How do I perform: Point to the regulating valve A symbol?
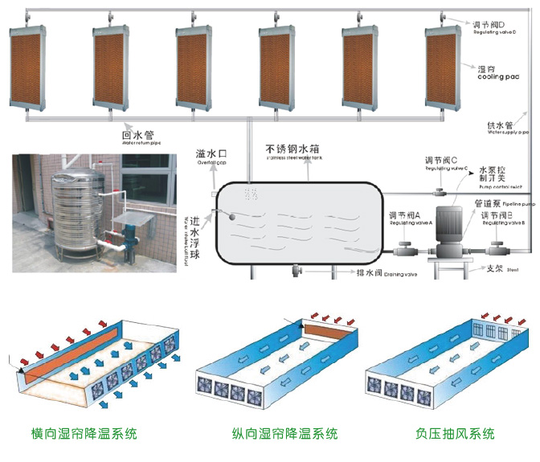[x=407, y=249]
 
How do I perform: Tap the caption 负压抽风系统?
[x=455, y=435]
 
